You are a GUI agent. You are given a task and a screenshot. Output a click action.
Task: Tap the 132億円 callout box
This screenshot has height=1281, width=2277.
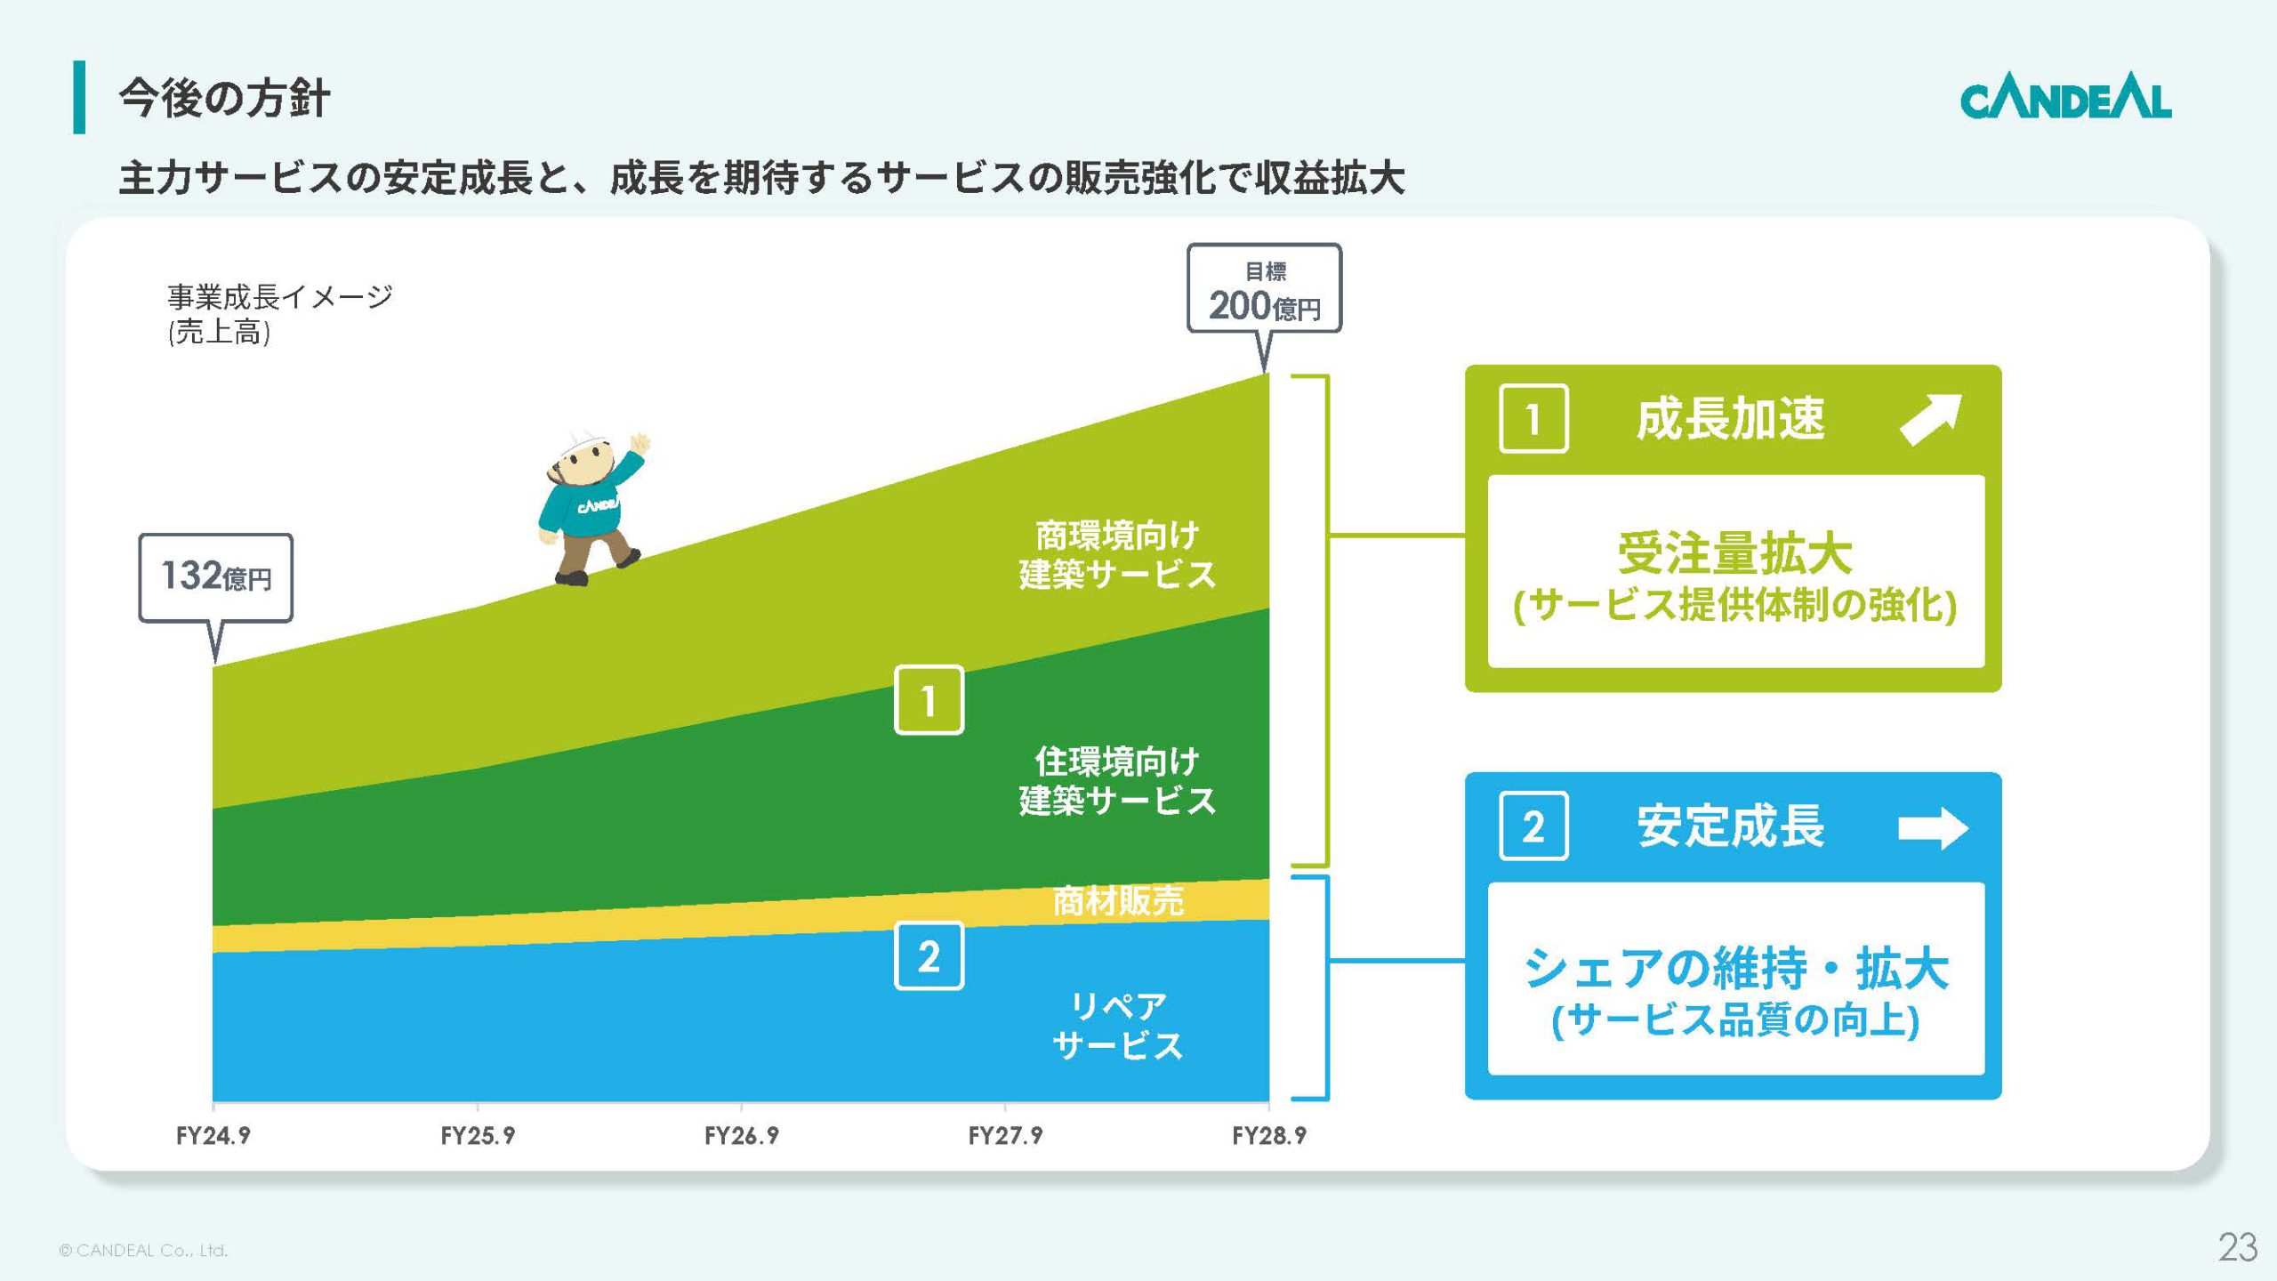tap(216, 576)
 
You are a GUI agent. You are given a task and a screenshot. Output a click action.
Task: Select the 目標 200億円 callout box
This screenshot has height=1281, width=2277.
tap(1264, 289)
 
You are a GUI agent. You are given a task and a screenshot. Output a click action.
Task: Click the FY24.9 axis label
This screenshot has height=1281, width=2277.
tap(213, 1135)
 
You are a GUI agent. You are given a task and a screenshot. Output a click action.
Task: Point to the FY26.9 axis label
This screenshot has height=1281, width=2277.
tap(741, 1135)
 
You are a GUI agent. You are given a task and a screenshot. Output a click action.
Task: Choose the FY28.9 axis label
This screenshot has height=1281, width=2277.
tap(1268, 1135)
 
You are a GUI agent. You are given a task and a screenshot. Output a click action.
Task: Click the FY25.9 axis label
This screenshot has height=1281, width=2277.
tap(478, 1135)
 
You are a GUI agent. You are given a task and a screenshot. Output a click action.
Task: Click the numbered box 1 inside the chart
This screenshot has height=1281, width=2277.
tap(929, 700)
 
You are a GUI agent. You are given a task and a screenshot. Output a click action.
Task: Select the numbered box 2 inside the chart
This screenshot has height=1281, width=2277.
tap(929, 956)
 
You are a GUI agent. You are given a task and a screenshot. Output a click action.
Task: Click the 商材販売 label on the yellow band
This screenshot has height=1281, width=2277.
tap(1117, 901)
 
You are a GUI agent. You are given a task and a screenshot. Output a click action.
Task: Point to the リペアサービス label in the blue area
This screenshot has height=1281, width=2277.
tap(1117, 1026)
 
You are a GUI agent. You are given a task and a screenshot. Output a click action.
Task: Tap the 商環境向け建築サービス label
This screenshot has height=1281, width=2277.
tap(1117, 555)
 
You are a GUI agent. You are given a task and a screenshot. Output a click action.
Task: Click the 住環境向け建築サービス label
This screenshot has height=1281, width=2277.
tap(1117, 781)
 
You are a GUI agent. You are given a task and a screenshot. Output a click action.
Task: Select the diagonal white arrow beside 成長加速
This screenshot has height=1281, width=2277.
tap(1930, 419)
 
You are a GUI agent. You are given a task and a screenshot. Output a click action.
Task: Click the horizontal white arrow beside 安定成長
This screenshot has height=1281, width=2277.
tap(1932, 828)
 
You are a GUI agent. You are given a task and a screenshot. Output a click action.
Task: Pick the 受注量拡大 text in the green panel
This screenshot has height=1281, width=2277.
tap(1734, 553)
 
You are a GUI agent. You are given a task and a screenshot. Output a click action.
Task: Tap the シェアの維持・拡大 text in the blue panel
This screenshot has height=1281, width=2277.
tap(1734, 968)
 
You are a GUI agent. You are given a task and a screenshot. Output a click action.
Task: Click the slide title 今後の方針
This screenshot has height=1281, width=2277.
tap(224, 97)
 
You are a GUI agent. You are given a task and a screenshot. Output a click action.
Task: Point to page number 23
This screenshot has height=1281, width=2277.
tap(2237, 1247)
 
